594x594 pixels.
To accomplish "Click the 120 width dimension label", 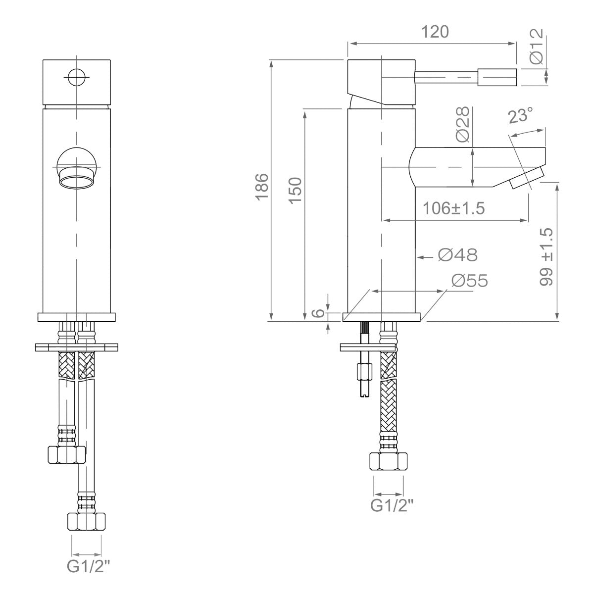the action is click(435, 32).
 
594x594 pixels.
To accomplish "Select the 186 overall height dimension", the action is click(262, 187).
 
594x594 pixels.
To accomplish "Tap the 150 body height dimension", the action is click(296, 190).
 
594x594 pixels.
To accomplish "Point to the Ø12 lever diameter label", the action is click(536, 46).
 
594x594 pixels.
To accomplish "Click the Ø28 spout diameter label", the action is click(463, 125).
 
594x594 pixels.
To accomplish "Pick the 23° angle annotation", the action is click(521, 116).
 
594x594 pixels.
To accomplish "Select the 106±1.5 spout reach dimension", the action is click(453, 208).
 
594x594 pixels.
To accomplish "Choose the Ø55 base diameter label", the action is click(470, 281).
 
